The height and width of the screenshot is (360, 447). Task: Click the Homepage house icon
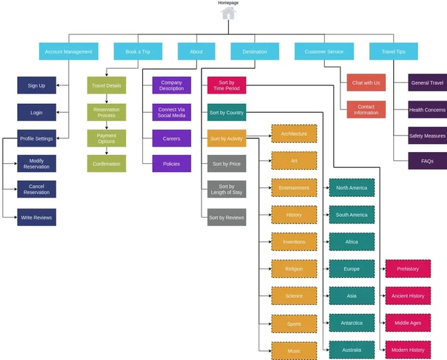(228, 12)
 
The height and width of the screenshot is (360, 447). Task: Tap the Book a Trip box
(138, 52)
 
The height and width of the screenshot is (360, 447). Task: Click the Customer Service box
(324, 52)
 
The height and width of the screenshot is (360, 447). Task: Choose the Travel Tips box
(393, 52)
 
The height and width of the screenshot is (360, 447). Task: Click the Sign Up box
(36, 85)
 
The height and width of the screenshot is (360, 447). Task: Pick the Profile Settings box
(36, 138)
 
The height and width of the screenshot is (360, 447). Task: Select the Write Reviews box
(36, 218)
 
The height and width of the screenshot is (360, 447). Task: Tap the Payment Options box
(107, 138)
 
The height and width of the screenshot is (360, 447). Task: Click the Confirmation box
(107, 164)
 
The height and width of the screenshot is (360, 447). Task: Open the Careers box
(171, 138)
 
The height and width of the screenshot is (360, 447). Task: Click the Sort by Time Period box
(226, 85)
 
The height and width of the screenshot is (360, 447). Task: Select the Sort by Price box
(226, 164)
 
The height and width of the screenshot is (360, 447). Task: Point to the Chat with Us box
(366, 83)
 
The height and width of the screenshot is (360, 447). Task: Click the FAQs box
(427, 161)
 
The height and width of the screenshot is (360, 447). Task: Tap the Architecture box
(294, 134)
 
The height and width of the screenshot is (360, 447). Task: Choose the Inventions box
(294, 242)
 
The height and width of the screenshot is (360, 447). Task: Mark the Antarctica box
(351, 322)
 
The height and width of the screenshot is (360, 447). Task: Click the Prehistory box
(408, 268)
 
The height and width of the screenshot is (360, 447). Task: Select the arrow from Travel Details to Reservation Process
(107, 99)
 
